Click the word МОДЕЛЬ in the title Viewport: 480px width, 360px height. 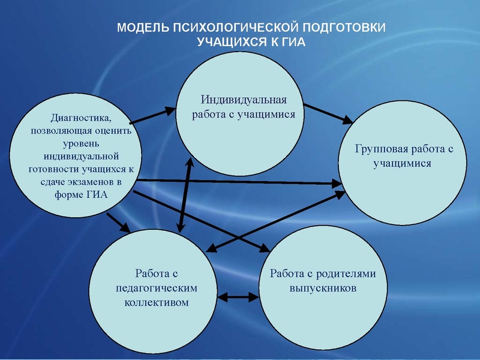tap(143, 28)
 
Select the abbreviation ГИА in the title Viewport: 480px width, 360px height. tap(293, 41)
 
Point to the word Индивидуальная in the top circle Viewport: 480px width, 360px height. tap(244, 100)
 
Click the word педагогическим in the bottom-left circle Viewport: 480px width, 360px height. tap(157, 289)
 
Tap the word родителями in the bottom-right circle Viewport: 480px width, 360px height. tap(346, 274)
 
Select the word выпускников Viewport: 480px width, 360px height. tap(323, 288)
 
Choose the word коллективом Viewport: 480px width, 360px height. tap(157, 302)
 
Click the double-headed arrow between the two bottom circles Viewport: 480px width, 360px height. tap(238, 297)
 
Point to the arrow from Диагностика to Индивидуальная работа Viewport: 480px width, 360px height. tap(152, 116)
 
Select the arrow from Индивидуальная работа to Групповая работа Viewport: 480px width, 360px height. tap(328, 114)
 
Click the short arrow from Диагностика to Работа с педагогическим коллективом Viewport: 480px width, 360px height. tap(119, 223)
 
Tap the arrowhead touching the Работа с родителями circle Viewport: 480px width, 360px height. tap(265, 248)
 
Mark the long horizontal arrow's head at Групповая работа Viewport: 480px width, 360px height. tap(337, 184)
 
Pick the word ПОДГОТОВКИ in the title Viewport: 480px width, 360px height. tap(344, 28)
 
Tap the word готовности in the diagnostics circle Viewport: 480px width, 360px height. tap(53, 169)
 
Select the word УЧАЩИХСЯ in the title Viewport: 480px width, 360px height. tap(232, 41)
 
